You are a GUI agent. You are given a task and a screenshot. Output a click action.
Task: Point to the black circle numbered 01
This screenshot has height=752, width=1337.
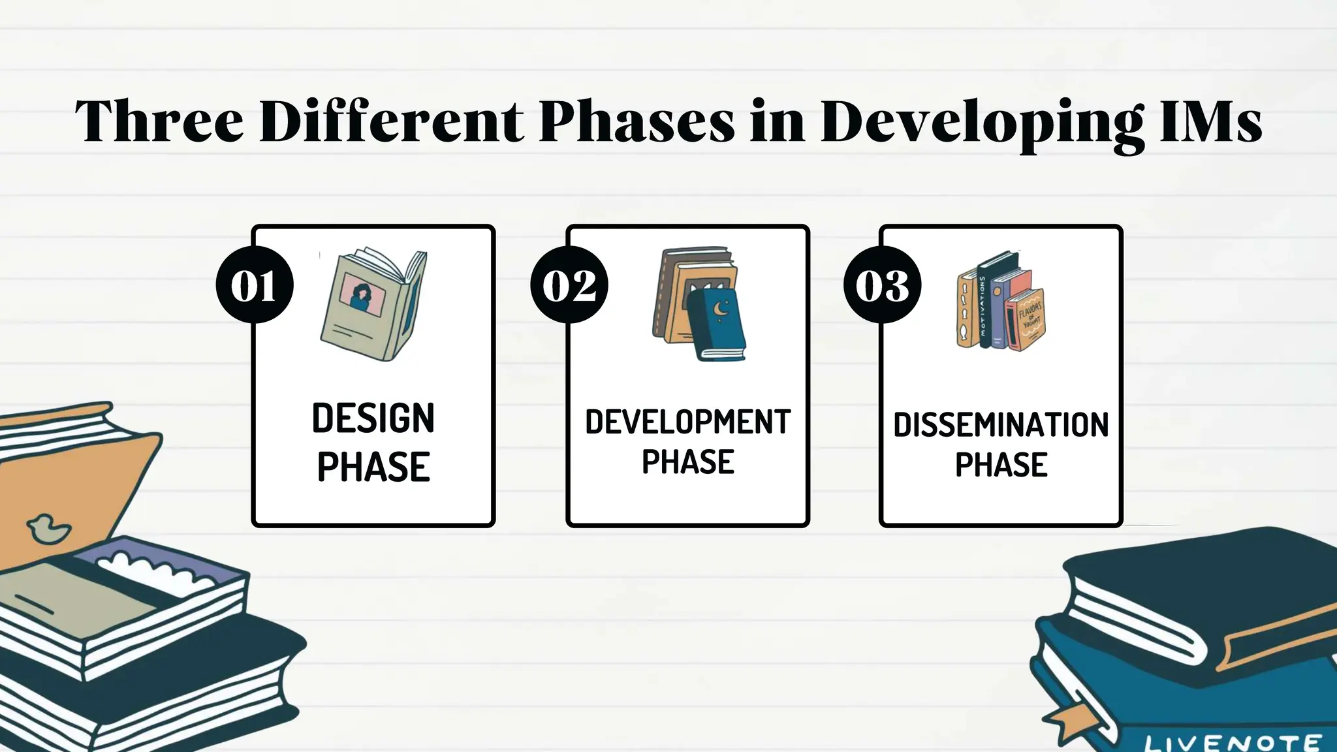click(x=255, y=285)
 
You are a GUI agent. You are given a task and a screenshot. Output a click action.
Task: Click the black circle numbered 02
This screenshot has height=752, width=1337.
click(x=569, y=285)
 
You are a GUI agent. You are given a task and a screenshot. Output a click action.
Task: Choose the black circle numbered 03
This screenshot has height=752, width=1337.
click(x=883, y=285)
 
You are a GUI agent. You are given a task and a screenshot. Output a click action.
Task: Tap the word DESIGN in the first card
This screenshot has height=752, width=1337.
click(x=373, y=418)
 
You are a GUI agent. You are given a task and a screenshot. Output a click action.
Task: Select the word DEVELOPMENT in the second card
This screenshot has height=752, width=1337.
click(x=687, y=422)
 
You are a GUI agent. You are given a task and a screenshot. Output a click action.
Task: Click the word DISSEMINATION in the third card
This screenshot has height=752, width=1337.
click(x=1001, y=425)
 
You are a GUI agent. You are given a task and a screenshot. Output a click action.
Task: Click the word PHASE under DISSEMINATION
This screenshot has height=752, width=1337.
click(x=1001, y=465)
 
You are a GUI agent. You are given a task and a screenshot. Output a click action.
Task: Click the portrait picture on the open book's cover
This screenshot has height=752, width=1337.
click(x=363, y=295)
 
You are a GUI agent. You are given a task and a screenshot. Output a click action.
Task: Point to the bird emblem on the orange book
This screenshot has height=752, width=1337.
click(x=47, y=528)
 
